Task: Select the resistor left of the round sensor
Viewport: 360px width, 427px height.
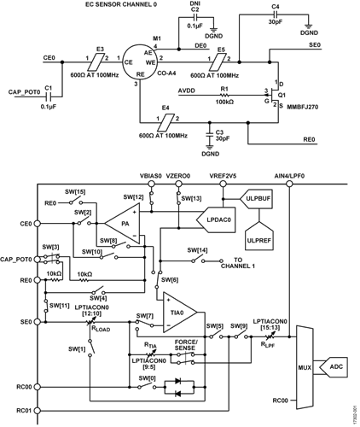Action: click(x=102, y=60)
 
